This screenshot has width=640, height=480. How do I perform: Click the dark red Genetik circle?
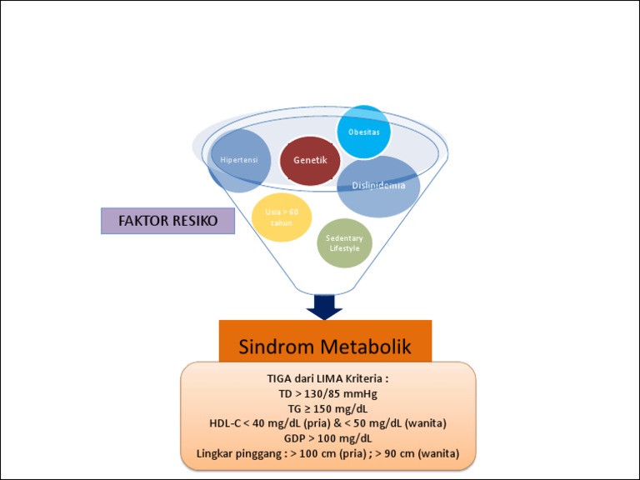[x=310, y=159]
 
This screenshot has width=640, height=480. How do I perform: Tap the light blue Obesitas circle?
[x=363, y=132]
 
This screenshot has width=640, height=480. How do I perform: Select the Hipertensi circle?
[x=239, y=159]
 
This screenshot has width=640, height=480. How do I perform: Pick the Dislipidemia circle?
[x=378, y=187]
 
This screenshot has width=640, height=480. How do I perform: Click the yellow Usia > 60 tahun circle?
[x=282, y=217]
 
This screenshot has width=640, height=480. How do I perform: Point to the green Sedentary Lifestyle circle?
[x=344, y=243]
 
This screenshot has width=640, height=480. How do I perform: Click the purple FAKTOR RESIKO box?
[x=167, y=222]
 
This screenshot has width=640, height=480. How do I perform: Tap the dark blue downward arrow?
[x=325, y=307]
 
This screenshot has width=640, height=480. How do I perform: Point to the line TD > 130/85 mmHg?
[x=327, y=393]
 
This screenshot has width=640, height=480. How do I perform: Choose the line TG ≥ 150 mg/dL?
[x=327, y=408]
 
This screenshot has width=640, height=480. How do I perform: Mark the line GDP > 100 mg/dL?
[x=327, y=438]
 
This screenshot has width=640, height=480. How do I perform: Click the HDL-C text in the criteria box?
[x=225, y=423]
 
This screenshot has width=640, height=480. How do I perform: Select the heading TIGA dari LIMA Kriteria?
[x=327, y=378]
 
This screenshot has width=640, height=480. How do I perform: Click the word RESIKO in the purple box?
[x=195, y=222]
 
